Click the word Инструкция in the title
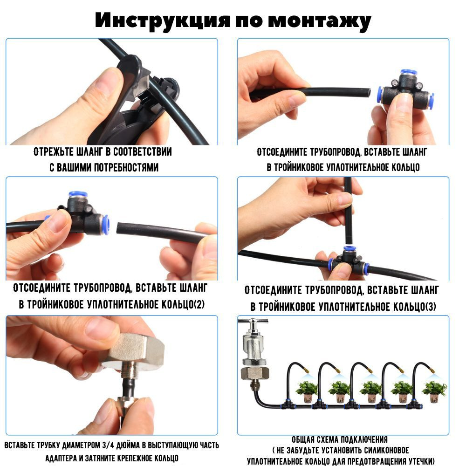[x=162, y=20]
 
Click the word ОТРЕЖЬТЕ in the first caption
[x=53, y=151]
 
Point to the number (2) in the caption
[x=199, y=304]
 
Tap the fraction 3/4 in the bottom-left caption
[x=108, y=445]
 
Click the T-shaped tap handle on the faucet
[x=253, y=322]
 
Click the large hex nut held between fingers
[x=135, y=352]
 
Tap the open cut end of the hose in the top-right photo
[x=368, y=92]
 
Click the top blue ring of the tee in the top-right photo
[x=409, y=73]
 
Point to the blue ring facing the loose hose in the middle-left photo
[x=105, y=225]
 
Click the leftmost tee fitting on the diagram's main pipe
[x=288, y=404]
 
